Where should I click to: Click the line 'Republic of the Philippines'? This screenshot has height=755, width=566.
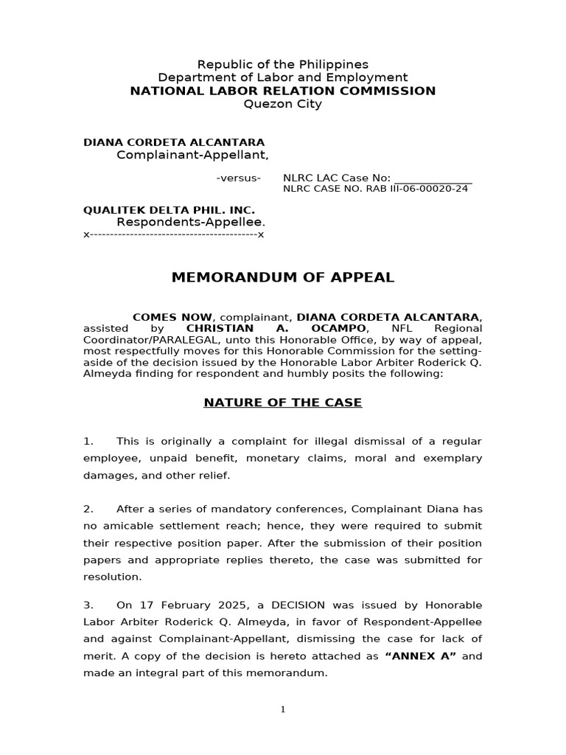(x=283, y=64)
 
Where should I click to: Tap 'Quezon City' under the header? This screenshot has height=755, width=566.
(x=283, y=104)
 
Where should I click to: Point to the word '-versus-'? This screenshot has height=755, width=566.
(x=238, y=178)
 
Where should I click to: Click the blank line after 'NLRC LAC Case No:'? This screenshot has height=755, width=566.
(x=433, y=178)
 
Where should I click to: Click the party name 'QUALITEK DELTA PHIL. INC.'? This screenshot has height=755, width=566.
(x=169, y=210)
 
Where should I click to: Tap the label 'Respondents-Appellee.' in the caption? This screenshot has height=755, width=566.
(x=191, y=222)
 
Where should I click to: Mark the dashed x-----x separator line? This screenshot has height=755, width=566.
(x=173, y=234)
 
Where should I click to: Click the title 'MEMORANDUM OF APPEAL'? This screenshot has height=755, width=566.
(x=283, y=278)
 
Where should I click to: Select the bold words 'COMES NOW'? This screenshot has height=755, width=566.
(x=172, y=316)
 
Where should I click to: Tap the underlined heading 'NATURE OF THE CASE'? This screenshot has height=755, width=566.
(x=283, y=403)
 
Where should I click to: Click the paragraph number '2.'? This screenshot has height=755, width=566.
(x=88, y=509)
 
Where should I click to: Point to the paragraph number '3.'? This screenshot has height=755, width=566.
(x=88, y=605)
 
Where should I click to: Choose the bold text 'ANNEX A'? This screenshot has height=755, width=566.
(x=422, y=656)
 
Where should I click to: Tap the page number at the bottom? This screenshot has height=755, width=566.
(x=283, y=710)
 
